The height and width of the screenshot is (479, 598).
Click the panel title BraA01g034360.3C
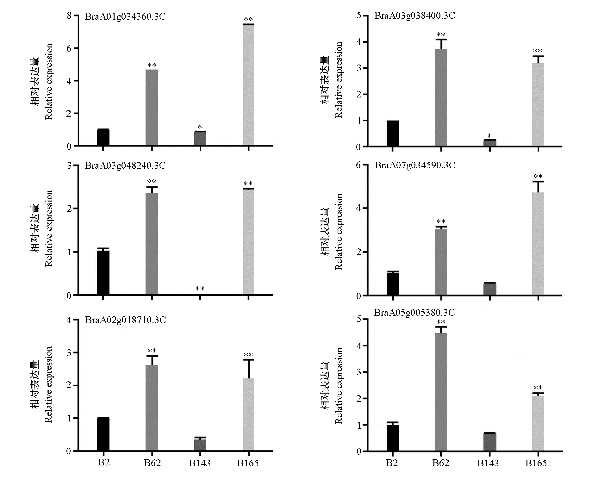pyautogui.click(x=125, y=16)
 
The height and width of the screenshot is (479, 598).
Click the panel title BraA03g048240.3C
pyautogui.click(x=125, y=165)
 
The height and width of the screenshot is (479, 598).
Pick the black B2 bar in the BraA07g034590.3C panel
pyautogui.click(x=393, y=284)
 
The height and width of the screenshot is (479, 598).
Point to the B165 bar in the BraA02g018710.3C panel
pyautogui.click(x=248, y=414)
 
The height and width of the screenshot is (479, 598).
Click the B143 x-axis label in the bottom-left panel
pyautogui.click(x=200, y=463)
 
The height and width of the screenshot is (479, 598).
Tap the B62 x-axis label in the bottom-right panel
pyautogui.click(x=441, y=463)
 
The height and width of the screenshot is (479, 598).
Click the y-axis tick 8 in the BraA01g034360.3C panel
pyautogui.click(x=69, y=16)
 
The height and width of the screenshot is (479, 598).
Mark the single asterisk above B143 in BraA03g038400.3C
pyautogui.click(x=489, y=136)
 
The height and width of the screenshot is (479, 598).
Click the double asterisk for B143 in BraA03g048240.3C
pyautogui.click(x=200, y=289)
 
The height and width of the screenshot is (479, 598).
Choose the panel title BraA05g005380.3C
pyautogui.click(x=414, y=313)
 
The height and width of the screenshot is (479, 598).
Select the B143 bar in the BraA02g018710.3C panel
pyautogui.click(x=200, y=445)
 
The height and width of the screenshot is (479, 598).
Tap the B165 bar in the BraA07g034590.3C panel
pyautogui.click(x=538, y=244)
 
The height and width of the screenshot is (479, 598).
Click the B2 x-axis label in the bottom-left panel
pyautogui.click(x=103, y=463)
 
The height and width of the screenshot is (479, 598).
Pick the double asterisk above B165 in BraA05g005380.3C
pyautogui.click(x=538, y=388)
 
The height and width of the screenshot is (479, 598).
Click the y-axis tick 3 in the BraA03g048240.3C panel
pyautogui.click(x=69, y=165)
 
